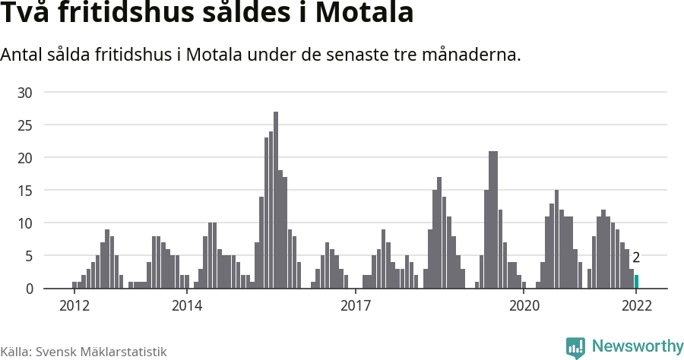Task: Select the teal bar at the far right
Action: click(x=636, y=282)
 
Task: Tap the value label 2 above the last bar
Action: click(x=636, y=257)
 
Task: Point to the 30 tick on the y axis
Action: click(x=26, y=93)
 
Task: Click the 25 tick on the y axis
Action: click(x=26, y=125)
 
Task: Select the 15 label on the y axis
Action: click(x=26, y=191)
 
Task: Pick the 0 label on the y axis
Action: click(x=30, y=289)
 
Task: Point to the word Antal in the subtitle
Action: click(x=22, y=55)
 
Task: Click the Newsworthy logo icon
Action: click(x=575, y=347)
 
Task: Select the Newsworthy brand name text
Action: click(x=637, y=346)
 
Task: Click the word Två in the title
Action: click(x=26, y=14)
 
